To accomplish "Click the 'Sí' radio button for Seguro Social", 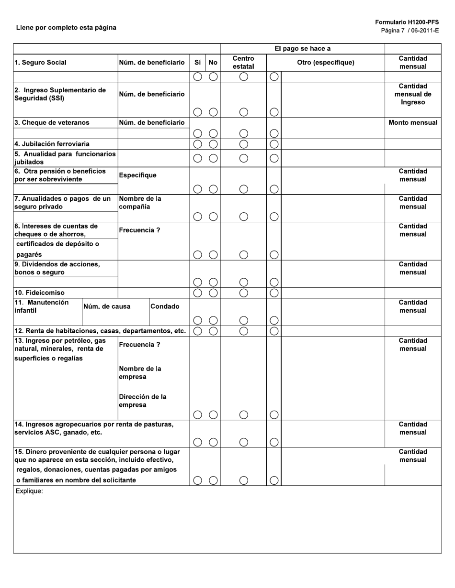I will tap(197, 76).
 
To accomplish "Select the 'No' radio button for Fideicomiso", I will tap(214, 293).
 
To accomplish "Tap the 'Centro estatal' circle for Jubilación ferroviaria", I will tap(244, 144).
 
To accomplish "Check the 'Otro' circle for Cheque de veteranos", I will tap(274, 133).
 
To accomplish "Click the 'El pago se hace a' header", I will tap(302, 49).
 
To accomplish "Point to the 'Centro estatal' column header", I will tap(243, 62).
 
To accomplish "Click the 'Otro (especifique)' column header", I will tap(326, 63).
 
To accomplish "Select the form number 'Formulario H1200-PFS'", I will tap(407, 22).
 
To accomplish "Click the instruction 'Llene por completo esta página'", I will tap(66, 28).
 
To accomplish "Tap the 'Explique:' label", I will tap(29, 491).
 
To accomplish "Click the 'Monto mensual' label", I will tap(413, 123).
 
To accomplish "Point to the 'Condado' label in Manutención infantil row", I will tap(164, 306).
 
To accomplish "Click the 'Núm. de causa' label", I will tap(107, 306).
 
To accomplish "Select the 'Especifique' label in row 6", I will tap(137, 175).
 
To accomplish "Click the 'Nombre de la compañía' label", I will tap(140, 203).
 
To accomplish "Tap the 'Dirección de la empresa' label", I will tap(142, 401).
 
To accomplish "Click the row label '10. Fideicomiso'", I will tap(39, 293).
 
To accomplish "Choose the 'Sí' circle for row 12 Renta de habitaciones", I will tap(197, 331).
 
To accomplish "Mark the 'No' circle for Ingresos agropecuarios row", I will tap(214, 442).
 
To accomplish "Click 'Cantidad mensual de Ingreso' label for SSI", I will tap(413, 94).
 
